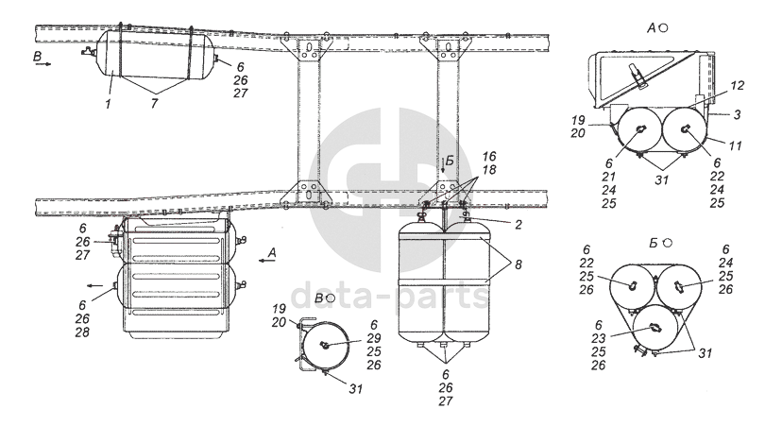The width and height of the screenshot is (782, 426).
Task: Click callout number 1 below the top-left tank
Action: (x=108, y=104)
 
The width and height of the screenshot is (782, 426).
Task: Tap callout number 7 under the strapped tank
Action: (x=154, y=104)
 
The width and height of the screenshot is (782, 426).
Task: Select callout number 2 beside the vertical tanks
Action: (x=518, y=225)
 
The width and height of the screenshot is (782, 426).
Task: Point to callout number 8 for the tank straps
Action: (x=518, y=264)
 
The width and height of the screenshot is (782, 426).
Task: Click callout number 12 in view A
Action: (x=736, y=85)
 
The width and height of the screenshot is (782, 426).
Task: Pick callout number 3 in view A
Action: (x=737, y=114)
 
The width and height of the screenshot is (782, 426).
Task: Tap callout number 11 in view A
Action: (x=735, y=145)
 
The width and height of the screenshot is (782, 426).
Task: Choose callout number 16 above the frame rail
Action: (x=489, y=157)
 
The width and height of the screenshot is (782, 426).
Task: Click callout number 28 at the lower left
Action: (x=83, y=332)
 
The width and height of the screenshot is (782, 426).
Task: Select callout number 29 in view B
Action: (x=374, y=338)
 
